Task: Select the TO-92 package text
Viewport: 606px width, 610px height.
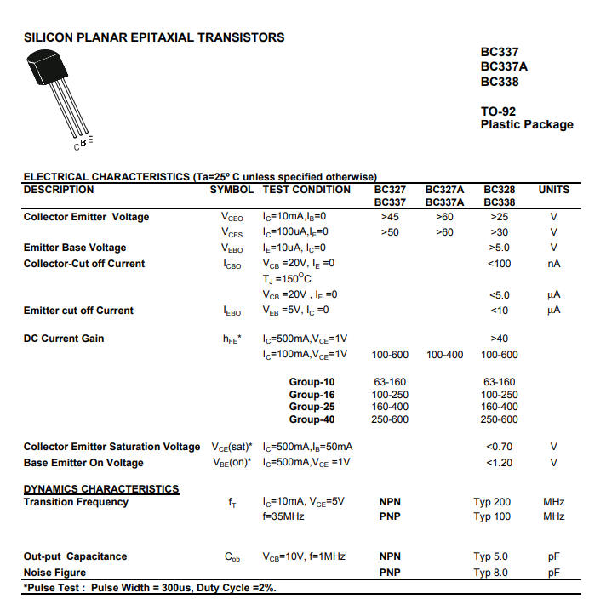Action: click(x=498, y=111)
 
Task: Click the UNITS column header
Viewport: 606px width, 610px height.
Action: click(x=553, y=190)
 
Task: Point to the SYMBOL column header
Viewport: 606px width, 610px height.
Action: click(x=232, y=190)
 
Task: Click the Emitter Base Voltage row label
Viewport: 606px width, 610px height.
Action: click(x=75, y=248)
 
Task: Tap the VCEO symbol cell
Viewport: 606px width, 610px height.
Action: click(x=232, y=218)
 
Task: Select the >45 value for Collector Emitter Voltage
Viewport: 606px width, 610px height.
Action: click(x=390, y=217)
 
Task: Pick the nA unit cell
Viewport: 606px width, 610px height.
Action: click(x=553, y=264)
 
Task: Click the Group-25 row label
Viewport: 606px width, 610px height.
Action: click(x=312, y=407)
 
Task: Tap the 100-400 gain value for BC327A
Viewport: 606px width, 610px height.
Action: click(x=444, y=355)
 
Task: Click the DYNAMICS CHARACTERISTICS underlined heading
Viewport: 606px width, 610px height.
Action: click(x=101, y=489)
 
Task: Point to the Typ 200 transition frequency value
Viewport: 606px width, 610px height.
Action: click(x=492, y=502)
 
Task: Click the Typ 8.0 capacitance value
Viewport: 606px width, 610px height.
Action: click(x=490, y=573)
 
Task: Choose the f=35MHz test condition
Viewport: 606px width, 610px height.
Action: click(x=283, y=516)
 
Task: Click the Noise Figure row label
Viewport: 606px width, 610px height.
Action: click(x=54, y=573)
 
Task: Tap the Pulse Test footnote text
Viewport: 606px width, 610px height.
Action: click(x=150, y=588)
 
